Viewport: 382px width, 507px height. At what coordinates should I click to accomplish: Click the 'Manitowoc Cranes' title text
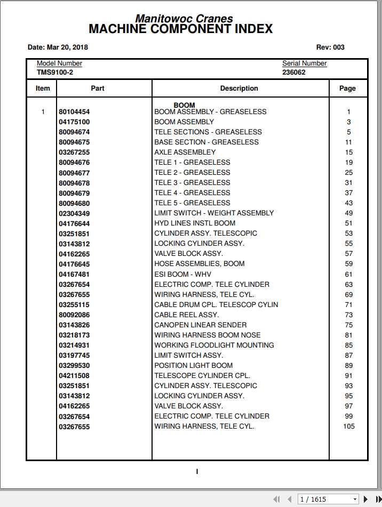click(x=184, y=19)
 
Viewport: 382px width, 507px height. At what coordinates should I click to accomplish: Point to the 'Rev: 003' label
click(x=330, y=47)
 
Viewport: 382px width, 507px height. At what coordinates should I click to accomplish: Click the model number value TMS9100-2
click(x=55, y=72)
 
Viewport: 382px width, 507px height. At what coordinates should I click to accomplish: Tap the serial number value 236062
click(x=294, y=72)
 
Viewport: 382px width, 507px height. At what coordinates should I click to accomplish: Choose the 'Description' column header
click(x=239, y=88)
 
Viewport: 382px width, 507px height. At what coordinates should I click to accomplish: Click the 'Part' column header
click(x=98, y=88)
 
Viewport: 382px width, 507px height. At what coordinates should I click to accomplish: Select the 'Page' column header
click(x=347, y=88)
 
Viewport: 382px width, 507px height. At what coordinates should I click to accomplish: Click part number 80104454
click(x=74, y=112)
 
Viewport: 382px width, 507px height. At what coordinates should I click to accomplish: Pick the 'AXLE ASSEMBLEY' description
click(x=185, y=152)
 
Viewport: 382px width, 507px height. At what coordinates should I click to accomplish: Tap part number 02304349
click(x=74, y=213)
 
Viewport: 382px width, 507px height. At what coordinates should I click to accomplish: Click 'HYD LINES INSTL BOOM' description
click(x=195, y=223)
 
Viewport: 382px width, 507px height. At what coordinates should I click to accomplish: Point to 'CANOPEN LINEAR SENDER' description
click(x=201, y=325)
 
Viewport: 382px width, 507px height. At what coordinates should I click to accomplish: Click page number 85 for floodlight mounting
click(x=348, y=345)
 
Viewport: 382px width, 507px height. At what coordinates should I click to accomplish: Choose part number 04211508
click(x=74, y=375)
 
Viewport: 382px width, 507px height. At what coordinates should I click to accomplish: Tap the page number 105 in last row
click(x=348, y=426)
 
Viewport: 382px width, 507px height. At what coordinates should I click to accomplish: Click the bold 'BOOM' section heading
click(x=184, y=105)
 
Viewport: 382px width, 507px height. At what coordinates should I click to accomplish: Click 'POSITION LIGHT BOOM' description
click(x=194, y=365)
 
